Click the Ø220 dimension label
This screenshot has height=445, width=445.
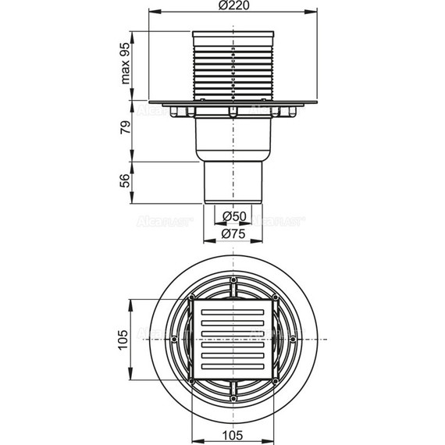point(232,6)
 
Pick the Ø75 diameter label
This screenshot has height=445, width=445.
point(232,232)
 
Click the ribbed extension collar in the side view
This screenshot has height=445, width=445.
point(232,66)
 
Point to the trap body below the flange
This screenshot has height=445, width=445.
point(232,137)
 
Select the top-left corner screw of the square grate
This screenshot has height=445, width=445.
point(191,297)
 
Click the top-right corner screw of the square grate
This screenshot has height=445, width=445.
point(274,297)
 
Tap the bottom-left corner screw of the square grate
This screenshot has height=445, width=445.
point(191,381)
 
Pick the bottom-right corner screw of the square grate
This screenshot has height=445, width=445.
point(274,381)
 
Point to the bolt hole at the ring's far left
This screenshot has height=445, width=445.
point(173,339)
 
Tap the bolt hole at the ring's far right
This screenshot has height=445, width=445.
point(293,339)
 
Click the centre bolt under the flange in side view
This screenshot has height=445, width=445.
point(232,112)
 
